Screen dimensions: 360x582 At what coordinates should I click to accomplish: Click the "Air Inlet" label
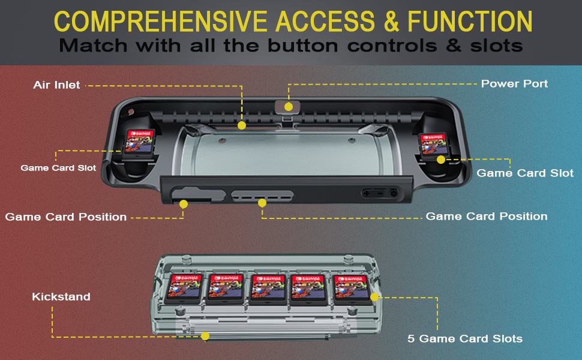click(56, 85)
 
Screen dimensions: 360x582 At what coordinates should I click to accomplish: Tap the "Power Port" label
click(514, 83)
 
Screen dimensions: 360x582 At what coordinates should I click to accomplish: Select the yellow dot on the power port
click(289, 107)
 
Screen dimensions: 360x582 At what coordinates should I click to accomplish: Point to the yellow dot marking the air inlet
click(242, 125)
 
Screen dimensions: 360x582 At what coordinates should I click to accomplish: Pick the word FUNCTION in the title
click(470, 22)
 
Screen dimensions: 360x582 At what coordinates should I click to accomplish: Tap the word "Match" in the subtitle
click(92, 46)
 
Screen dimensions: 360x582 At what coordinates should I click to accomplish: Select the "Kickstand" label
click(61, 296)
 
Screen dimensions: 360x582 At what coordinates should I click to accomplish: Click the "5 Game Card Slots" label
click(465, 339)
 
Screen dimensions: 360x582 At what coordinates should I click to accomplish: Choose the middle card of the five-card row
click(268, 287)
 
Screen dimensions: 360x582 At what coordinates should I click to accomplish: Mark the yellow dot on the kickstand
click(205, 337)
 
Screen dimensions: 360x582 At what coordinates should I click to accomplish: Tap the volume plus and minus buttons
click(373, 193)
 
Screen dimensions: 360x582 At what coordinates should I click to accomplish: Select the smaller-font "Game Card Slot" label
click(58, 168)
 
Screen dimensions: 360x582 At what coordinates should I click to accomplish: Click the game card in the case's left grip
click(140, 142)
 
